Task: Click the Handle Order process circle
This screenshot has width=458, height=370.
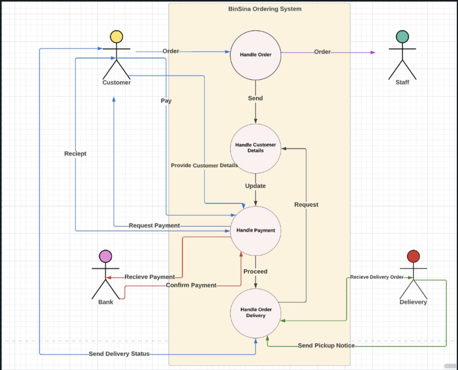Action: pos(255,55)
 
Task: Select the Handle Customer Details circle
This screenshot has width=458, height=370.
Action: pos(255,148)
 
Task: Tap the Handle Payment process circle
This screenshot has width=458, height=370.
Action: pos(255,231)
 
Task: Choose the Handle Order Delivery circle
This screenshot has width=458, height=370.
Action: pos(255,313)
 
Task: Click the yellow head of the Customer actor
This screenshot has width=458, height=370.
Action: pos(116,37)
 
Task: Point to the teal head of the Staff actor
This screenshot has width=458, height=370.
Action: pos(402,37)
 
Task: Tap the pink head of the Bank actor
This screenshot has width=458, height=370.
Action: pos(106,256)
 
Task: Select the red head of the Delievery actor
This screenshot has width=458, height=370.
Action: pos(413,256)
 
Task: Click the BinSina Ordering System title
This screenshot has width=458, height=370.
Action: pos(265,9)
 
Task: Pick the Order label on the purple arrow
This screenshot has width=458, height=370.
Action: pos(322,52)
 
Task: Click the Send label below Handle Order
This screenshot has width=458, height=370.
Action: pos(255,98)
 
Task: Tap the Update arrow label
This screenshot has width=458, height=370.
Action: pos(255,186)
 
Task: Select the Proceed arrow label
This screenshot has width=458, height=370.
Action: pos(255,272)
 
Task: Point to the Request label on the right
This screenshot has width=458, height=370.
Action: pos(306,205)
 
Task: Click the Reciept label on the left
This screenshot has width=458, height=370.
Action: pos(75,154)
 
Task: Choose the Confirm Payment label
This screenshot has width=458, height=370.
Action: pos(191,285)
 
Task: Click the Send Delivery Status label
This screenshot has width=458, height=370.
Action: pos(119,354)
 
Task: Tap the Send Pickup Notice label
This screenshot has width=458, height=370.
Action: pos(326,346)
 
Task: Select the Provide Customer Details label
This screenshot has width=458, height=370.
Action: pos(204,165)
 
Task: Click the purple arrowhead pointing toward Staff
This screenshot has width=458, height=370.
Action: pos(373,52)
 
